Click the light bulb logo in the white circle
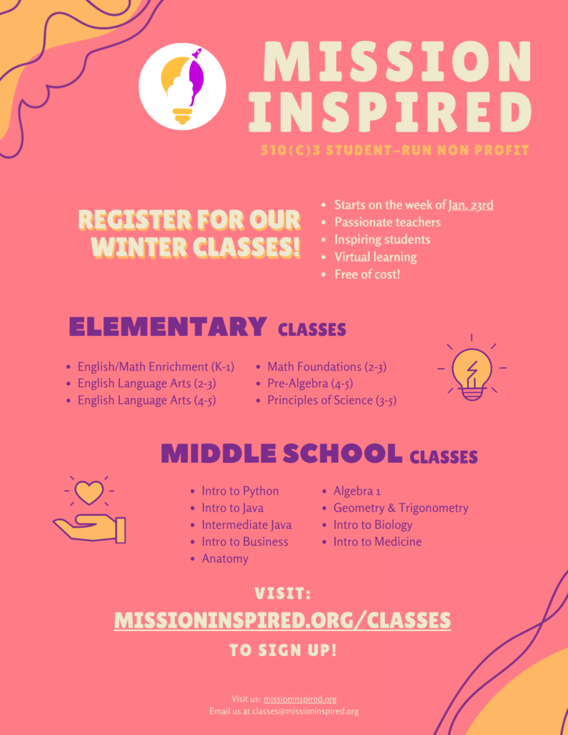tap(182, 87)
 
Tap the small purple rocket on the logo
tap(197, 53)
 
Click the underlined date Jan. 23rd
tap(470, 205)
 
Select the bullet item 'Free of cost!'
tap(367, 274)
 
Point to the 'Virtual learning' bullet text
tap(376, 257)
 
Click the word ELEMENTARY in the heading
tap(167, 327)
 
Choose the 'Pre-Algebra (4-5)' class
tap(310, 383)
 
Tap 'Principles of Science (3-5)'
tap(332, 401)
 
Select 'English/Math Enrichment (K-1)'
tap(156, 367)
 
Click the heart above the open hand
tap(89, 492)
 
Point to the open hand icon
tap(89, 529)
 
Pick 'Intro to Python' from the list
tap(240, 491)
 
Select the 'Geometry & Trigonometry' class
tap(401, 507)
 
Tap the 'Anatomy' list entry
tap(225, 558)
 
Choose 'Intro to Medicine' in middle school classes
tap(377, 541)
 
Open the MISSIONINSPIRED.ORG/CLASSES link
tap(282, 620)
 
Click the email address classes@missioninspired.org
tap(305, 711)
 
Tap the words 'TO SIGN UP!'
tap(283, 650)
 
